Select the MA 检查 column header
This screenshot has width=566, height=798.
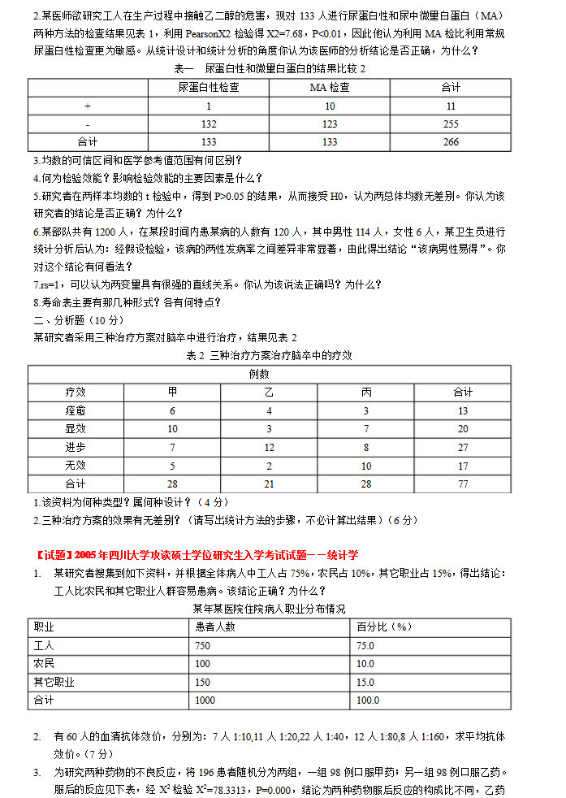330,88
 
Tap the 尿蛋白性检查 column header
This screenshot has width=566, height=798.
209,88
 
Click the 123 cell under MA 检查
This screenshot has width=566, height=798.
330,124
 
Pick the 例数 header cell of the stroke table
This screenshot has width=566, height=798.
260,374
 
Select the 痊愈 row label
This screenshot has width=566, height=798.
76,410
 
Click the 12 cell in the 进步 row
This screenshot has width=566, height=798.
269,447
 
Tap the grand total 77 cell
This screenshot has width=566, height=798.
463,484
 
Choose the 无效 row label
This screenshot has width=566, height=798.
76,466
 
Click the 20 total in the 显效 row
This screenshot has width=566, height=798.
463,429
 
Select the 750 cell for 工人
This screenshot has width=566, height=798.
202,645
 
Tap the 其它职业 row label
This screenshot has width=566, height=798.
54,682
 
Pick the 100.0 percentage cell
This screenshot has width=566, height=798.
368,700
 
